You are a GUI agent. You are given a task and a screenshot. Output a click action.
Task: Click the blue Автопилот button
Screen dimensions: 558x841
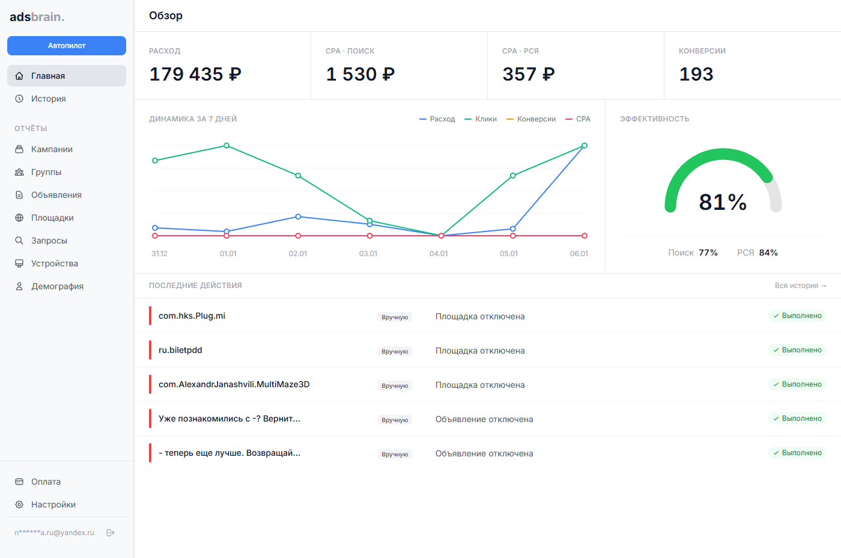(x=67, y=46)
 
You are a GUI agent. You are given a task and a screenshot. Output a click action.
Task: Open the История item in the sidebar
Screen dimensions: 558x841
(x=48, y=99)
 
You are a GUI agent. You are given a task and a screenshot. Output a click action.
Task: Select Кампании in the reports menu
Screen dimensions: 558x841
(x=52, y=149)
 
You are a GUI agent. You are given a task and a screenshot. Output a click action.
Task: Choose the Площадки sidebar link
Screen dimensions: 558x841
(x=52, y=218)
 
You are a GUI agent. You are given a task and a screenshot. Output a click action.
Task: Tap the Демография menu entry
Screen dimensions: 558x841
(x=57, y=286)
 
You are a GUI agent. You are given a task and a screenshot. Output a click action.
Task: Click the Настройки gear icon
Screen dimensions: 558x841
(x=19, y=504)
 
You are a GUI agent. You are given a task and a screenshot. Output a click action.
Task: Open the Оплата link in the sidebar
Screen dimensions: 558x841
(x=46, y=482)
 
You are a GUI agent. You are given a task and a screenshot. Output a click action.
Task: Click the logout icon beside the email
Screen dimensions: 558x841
(x=111, y=533)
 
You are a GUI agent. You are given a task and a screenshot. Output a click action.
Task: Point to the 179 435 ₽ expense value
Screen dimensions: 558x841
(x=195, y=74)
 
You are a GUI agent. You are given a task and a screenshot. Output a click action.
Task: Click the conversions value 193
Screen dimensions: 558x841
(x=696, y=74)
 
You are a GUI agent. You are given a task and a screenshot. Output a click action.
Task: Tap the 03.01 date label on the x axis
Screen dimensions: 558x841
(x=368, y=254)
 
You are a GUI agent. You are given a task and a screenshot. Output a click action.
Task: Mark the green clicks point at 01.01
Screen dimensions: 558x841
(x=226, y=146)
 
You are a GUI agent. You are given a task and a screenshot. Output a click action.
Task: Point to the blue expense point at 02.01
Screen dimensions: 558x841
(x=298, y=216)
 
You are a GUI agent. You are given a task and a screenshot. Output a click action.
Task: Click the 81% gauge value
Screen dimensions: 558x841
(x=723, y=202)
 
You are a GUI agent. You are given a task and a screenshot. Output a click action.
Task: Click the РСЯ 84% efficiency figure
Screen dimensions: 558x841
(x=758, y=253)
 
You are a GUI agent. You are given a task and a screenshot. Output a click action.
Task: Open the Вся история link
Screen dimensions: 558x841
(x=800, y=286)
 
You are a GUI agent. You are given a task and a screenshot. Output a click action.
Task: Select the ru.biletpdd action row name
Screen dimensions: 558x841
(x=180, y=350)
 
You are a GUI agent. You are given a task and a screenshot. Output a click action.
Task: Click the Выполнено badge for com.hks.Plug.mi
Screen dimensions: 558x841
(x=797, y=316)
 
